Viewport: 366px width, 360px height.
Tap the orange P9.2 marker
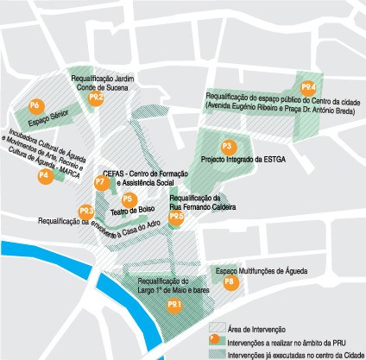[x=97, y=98]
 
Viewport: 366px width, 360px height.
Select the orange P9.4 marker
[x=308, y=88]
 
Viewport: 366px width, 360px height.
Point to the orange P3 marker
[x=228, y=146]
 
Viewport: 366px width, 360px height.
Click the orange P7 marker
[x=100, y=182]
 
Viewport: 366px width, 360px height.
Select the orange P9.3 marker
[x=86, y=211]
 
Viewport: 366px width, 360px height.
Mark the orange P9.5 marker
[x=176, y=217]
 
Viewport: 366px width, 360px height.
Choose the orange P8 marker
[x=229, y=281]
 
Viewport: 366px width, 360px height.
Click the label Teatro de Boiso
[x=132, y=210]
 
